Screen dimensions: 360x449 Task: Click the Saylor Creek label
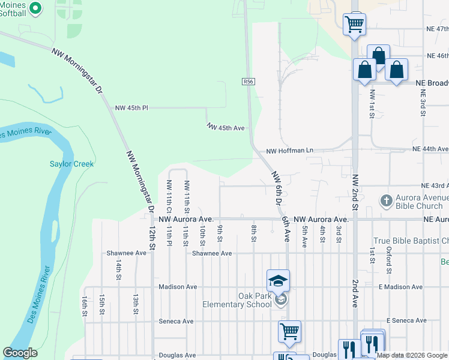(x=71, y=164)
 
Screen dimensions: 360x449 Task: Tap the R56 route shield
(x=248, y=81)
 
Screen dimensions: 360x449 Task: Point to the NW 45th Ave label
(x=226, y=128)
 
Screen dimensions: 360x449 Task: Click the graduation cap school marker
(x=279, y=280)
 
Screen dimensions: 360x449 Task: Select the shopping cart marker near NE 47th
(x=355, y=25)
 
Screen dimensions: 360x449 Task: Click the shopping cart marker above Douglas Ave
(x=290, y=331)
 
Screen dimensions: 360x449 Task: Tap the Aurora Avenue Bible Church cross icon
(x=387, y=200)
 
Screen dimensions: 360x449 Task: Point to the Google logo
(x=20, y=353)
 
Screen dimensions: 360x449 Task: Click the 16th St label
(x=85, y=305)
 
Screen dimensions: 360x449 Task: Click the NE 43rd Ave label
(x=435, y=186)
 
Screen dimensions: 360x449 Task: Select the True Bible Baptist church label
(x=411, y=241)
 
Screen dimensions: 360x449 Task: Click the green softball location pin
(x=35, y=8)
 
